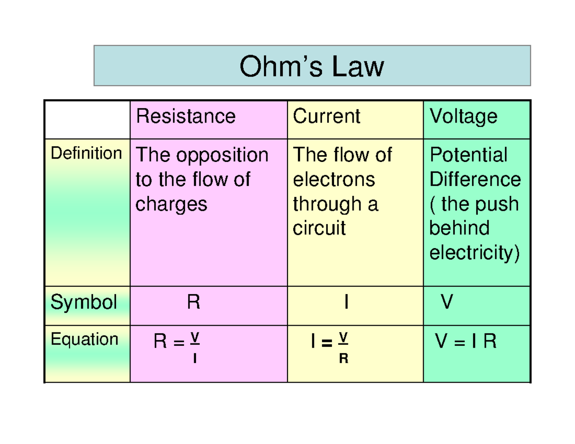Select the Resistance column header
click(185, 116)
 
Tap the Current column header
click(326, 116)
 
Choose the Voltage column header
click(463, 116)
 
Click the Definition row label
click(86, 154)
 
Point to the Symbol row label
click(84, 302)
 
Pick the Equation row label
click(84, 340)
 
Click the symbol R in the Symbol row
click(193, 303)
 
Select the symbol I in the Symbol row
click(345, 303)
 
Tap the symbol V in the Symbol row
click(446, 303)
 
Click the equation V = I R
click(465, 342)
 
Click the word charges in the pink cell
click(171, 204)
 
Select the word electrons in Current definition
click(333, 180)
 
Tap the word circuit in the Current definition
click(319, 228)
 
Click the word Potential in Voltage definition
click(468, 155)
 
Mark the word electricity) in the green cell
click(474, 252)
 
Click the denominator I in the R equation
click(195, 358)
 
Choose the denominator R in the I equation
click(343, 358)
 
